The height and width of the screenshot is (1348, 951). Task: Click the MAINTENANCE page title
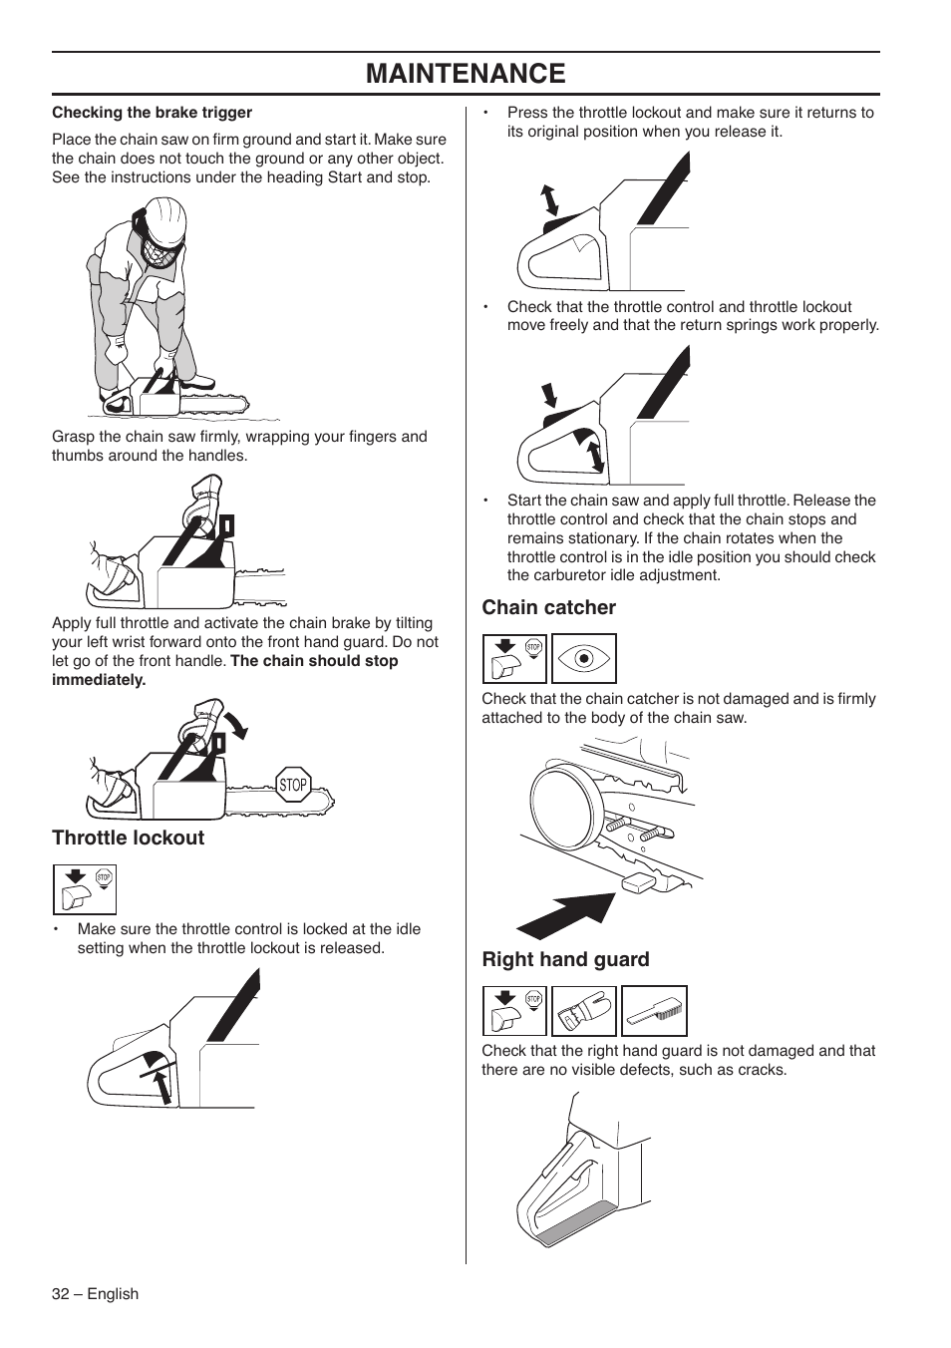click(466, 74)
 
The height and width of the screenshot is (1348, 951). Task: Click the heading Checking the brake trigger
click(152, 113)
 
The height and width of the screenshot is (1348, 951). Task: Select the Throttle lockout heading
click(128, 838)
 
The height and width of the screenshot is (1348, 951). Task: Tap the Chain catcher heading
click(548, 607)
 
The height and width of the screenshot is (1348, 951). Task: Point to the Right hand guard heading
click(565, 959)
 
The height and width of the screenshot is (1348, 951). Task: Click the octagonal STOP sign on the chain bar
click(293, 785)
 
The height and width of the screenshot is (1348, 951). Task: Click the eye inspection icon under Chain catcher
click(584, 659)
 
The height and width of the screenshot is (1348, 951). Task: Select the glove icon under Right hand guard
click(584, 1011)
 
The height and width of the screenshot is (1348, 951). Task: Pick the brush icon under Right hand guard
click(655, 1011)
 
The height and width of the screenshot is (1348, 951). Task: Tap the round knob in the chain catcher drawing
click(562, 802)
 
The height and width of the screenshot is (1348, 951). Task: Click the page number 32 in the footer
click(62, 1293)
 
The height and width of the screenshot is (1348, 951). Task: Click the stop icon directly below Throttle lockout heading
click(85, 889)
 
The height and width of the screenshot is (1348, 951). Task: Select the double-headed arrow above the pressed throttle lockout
click(548, 199)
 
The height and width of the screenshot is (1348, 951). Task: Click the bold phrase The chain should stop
click(314, 661)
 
